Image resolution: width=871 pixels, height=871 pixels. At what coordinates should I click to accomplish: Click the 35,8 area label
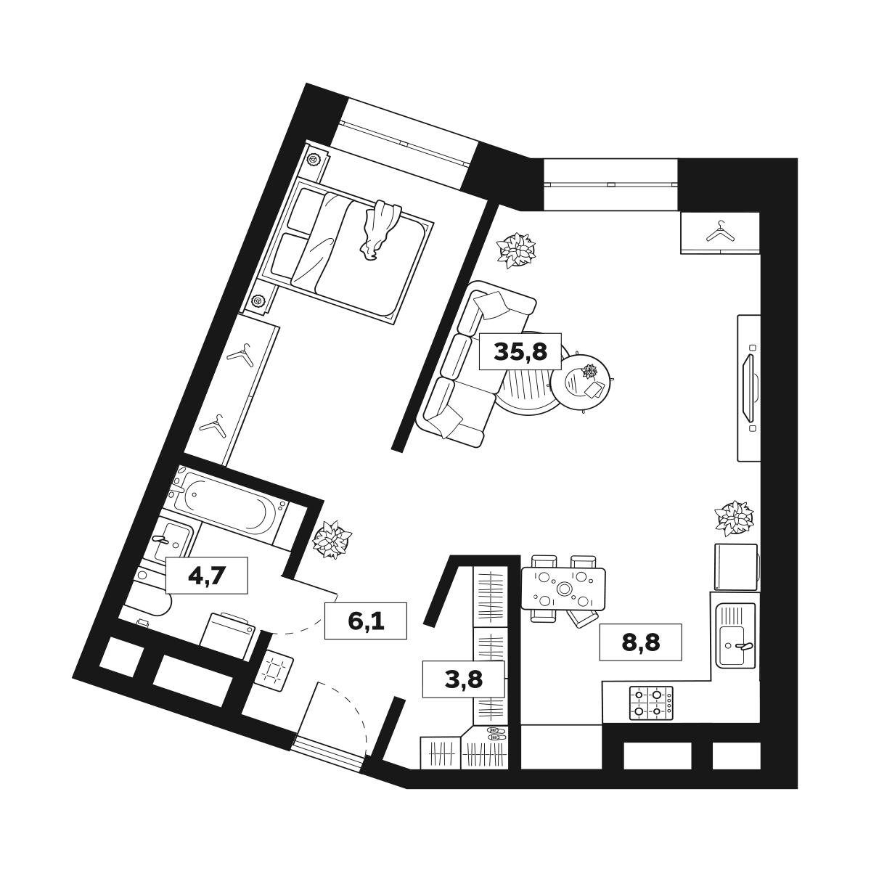point(520,351)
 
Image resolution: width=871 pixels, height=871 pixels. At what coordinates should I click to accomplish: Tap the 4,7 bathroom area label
point(207,576)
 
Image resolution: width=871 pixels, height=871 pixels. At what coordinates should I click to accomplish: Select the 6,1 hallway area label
point(366,621)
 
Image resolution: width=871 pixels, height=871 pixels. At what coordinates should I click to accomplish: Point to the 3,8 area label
point(464,679)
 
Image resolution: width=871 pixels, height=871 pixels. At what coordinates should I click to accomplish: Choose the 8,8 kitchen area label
point(640,642)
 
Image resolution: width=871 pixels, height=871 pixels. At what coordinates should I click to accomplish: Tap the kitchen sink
point(735,635)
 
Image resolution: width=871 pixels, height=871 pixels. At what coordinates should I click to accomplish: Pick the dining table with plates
point(563,589)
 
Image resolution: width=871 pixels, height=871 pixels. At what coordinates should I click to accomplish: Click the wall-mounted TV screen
point(748,388)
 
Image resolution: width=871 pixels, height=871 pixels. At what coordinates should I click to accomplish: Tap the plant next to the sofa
point(516,250)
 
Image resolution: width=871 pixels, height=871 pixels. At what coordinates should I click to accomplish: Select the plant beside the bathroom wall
point(332,539)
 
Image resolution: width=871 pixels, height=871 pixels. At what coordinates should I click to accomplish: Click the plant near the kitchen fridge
point(734,518)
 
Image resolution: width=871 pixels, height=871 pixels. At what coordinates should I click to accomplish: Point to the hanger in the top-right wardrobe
point(721,232)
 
